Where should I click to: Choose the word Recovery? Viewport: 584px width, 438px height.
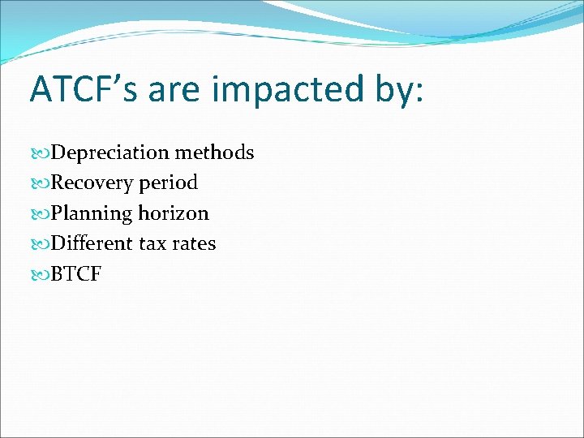(92, 183)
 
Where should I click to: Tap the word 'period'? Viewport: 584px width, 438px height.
(168, 183)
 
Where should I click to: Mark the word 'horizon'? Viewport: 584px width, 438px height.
(174, 213)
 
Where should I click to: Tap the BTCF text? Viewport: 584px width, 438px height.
(76, 274)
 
